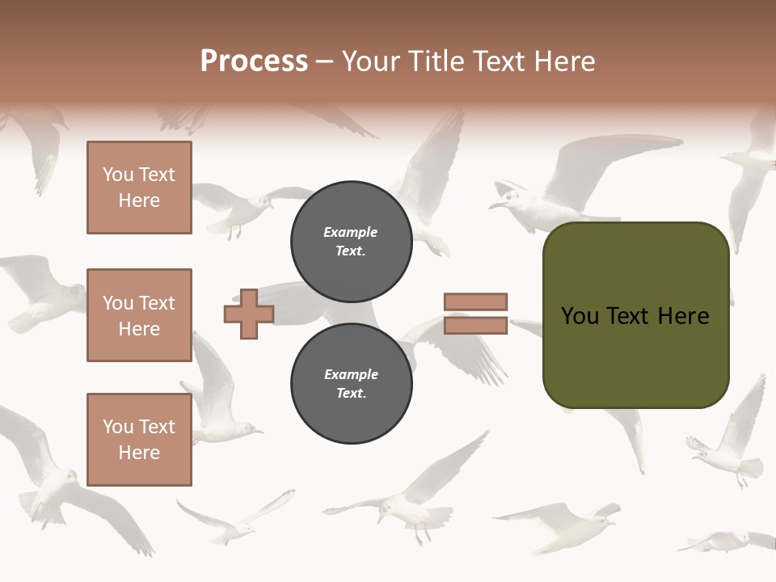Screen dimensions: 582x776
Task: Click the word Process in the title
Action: click(254, 61)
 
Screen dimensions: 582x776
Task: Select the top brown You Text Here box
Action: click(139, 188)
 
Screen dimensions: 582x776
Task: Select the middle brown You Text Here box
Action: click(139, 315)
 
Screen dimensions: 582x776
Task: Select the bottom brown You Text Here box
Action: click(139, 439)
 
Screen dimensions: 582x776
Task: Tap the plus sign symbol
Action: click(249, 314)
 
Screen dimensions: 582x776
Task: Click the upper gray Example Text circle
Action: click(351, 242)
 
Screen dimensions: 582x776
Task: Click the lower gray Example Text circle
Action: click(351, 384)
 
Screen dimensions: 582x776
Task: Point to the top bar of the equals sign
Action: click(475, 302)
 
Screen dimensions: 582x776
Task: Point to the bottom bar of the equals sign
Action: click(475, 326)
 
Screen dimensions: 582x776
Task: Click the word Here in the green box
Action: click(685, 315)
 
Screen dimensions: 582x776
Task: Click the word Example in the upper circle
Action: click(350, 232)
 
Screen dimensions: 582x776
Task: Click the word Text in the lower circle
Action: click(351, 394)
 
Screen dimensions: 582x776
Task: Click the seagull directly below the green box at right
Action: click(723, 457)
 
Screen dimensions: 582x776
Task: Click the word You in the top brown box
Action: click(117, 175)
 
